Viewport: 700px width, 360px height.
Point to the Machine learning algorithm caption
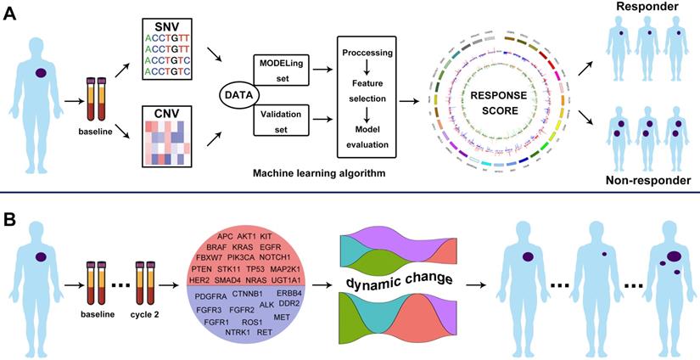[321, 173]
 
